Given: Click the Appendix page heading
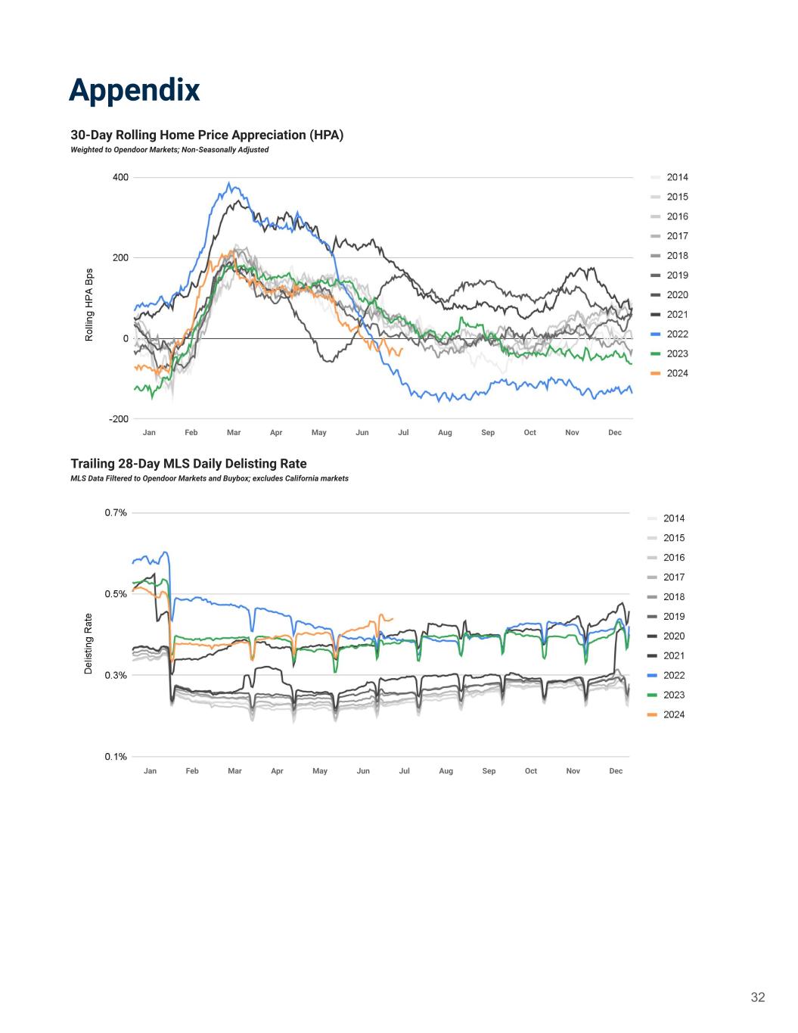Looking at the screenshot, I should [x=135, y=89].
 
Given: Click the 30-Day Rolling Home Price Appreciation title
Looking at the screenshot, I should [x=206, y=135].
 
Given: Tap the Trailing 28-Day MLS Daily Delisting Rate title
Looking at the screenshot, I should [x=188, y=464].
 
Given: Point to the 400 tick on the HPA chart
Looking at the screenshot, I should [x=120, y=178].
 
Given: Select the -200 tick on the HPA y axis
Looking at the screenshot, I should [x=119, y=418].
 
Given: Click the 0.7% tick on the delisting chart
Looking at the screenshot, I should [x=116, y=513].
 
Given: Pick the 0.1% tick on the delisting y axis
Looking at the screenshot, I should [x=116, y=757].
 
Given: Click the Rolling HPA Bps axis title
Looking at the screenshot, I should [x=89, y=304].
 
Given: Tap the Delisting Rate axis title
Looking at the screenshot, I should [x=88, y=644].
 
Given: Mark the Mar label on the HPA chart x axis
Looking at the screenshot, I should [x=234, y=433].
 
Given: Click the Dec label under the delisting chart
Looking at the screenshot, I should [x=616, y=771].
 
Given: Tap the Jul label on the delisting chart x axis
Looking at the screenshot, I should [x=405, y=771].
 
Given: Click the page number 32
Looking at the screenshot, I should [x=757, y=997].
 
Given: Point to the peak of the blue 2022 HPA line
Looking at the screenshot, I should [x=229, y=183].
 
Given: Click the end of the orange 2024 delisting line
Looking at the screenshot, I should [x=392, y=619].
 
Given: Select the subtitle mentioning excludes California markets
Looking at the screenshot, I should [x=210, y=479].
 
